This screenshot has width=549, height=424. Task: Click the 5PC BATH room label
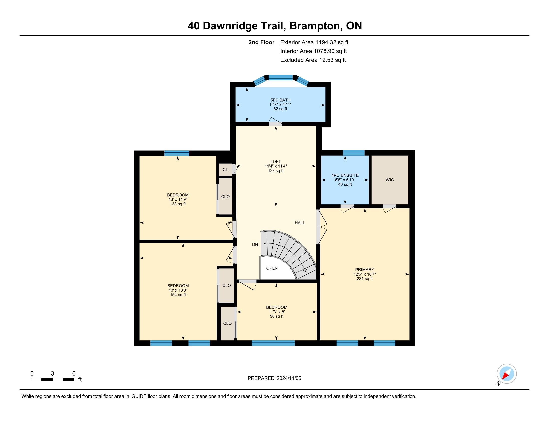coord(280,100)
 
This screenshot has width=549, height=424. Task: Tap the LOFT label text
coord(276,162)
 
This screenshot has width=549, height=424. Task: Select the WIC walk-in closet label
coord(390,180)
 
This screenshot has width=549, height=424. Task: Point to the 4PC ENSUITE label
coord(345,175)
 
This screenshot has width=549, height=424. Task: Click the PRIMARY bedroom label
coord(365,270)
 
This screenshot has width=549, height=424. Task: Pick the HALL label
coord(300,223)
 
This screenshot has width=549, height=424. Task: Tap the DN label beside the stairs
coord(255,244)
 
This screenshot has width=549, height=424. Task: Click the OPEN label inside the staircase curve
coord(272,268)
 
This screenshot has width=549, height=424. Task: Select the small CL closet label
coord(225,170)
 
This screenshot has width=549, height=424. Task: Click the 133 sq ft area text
coord(178,204)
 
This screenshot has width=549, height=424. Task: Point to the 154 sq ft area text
coord(178,295)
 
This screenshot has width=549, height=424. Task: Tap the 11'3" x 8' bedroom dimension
coord(276,312)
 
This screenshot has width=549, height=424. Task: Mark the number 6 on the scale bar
coord(74,374)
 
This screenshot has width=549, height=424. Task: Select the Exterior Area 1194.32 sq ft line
coord(314,42)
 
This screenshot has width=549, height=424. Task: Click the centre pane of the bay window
coord(280,77)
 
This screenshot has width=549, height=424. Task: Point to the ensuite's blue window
coord(354,153)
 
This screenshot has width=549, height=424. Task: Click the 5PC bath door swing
coord(275,121)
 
